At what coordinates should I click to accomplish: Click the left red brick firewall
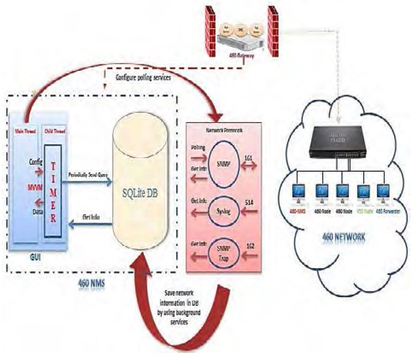pos(210,31)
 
